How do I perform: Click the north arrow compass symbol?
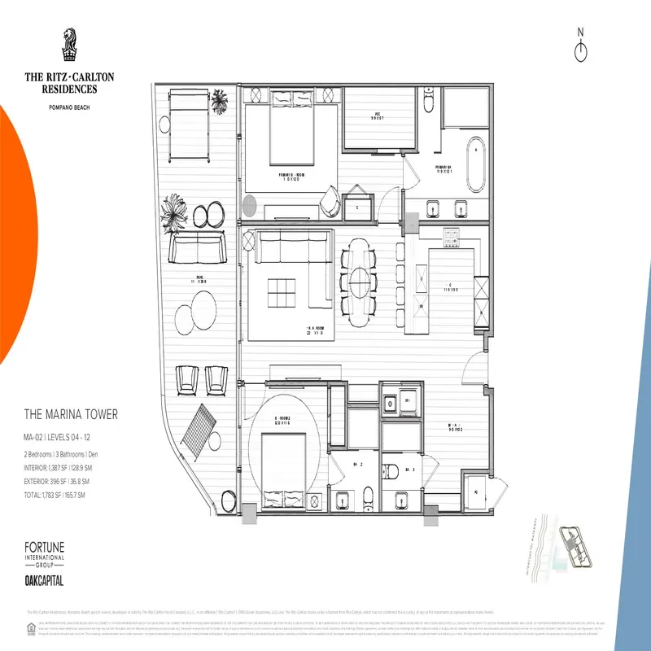580,47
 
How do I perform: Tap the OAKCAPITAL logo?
44,580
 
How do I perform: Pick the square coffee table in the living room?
283,292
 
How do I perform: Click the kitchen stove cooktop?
453,237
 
